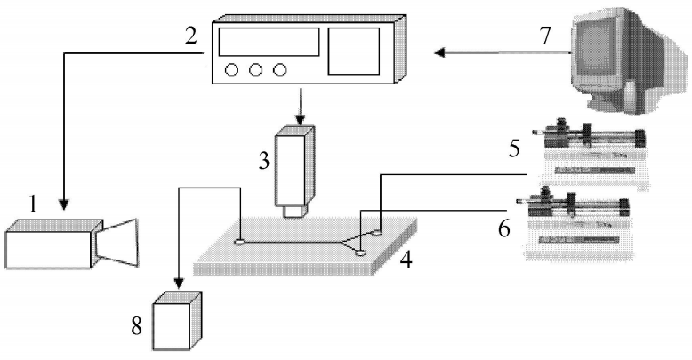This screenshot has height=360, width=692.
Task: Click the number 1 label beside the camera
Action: coord(34,204)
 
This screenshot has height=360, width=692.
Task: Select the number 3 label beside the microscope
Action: coord(263,162)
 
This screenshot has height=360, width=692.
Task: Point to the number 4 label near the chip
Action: coord(405,263)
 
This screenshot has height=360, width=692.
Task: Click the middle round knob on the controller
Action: coord(257,68)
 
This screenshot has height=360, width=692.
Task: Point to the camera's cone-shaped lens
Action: coord(120,241)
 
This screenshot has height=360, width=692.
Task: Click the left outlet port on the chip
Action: coord(240,240)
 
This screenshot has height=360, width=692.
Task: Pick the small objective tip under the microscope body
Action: coord(294,212)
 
